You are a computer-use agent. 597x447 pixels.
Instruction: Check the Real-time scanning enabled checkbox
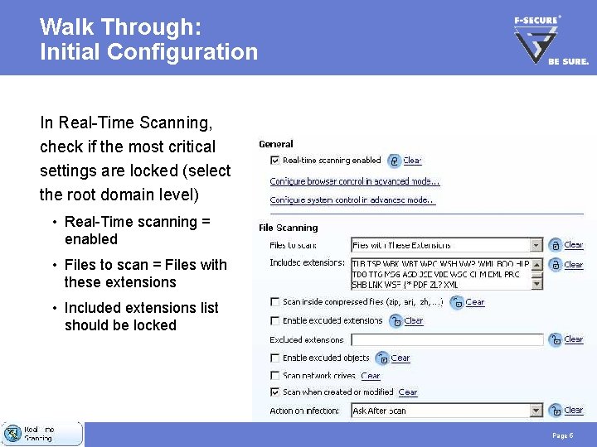[x=274, y=161]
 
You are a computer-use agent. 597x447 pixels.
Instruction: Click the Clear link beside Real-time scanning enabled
[x=412, y=161]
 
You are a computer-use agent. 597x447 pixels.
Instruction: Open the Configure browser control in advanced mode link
[x=354, y=181]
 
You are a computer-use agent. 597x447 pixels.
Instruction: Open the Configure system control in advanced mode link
[x=352, y=200]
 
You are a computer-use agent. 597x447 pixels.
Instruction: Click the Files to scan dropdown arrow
[x=536, y=245]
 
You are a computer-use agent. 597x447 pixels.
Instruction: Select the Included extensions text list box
[x=440, y=274]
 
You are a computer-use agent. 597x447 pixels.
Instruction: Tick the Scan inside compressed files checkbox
[x=274, y=302]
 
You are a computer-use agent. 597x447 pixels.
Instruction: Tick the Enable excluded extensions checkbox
[x=274, y=320]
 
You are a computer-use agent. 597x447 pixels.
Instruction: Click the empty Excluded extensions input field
[x=447, y=340]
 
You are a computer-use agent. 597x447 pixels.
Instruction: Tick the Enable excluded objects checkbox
[x=274, y=358]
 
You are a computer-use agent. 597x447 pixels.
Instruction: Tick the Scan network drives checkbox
[x=274, y=376]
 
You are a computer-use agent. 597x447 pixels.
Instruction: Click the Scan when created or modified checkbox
[x=274, y=392]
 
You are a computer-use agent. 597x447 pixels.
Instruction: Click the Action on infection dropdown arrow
[x=536, y=411]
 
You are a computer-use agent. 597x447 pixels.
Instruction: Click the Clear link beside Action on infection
[x=574, y=411]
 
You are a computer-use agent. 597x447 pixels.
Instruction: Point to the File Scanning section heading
[x=288, y=228]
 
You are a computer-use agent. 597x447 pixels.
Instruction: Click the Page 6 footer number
[x=561, y=435]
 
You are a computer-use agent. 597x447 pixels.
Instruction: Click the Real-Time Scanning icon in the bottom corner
[x=12, y=434]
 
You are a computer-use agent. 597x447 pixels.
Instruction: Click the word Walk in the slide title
[x=66, y=26]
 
